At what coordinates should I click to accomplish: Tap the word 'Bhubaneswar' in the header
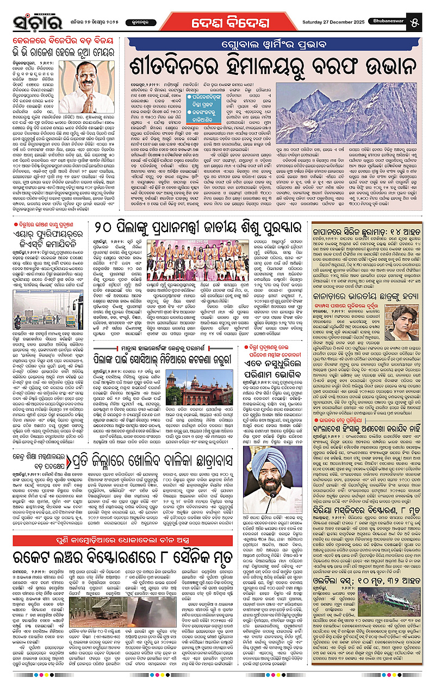(x=393, y=22)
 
